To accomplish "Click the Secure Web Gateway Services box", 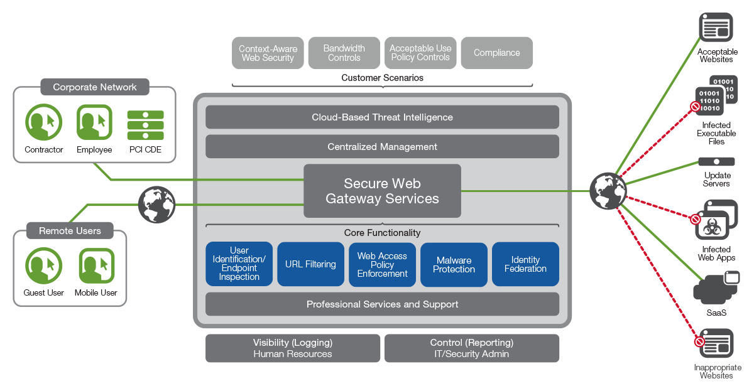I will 382,191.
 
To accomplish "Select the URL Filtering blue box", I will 310,264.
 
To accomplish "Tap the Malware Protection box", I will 454,264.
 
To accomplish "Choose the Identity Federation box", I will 525,264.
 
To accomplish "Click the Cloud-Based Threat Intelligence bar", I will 382,117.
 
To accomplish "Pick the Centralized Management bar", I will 382,147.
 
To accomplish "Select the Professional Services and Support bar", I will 382,304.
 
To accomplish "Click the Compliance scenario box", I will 496,53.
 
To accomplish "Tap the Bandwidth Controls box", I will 344,53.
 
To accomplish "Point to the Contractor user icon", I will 44,122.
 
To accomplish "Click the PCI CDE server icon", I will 145,126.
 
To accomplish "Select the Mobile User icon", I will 96,266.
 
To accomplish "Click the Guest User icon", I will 44,266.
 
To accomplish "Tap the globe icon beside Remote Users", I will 156,204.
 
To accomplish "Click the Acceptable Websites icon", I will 716,28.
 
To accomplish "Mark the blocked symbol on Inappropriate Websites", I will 699,342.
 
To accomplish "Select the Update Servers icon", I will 716,162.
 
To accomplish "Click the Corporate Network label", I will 94,87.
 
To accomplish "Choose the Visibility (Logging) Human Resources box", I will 293,348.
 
